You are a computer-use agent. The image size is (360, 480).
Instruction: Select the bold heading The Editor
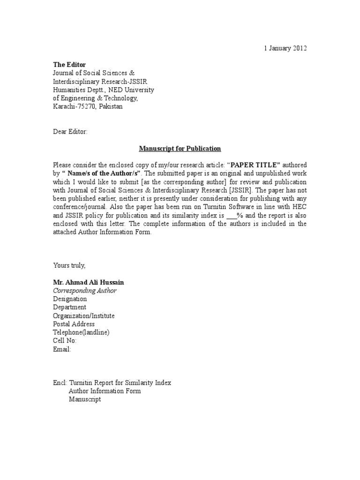point(69,64)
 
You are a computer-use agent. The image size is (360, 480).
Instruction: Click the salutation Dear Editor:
point(70,132)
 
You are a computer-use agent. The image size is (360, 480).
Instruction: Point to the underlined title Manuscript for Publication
point(180,149)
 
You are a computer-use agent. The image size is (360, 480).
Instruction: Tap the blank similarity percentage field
point(232,216)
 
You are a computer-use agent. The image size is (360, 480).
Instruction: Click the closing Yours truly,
point(69,265)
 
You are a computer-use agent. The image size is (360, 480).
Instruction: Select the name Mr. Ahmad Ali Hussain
point(89,282)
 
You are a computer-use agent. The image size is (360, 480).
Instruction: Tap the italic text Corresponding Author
point(85,291)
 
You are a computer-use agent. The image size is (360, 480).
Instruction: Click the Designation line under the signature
point(70,299)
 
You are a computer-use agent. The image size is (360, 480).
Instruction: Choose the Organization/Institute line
point(84,316)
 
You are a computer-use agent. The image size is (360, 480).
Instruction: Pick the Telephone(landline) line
point(81,332)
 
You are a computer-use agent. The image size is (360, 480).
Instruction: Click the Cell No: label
point(65,341)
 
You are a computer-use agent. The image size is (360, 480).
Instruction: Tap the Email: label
point(62,349)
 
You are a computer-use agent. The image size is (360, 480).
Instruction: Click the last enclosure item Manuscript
point(85,399)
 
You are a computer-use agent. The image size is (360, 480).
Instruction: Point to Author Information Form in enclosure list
point(105,391)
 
